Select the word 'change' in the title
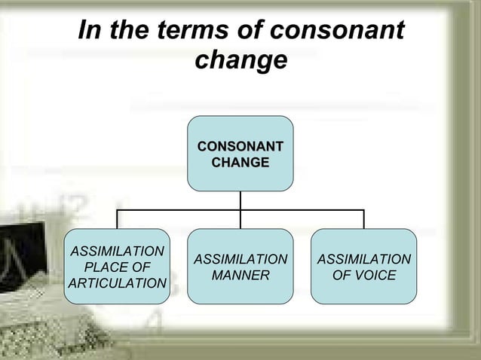pos(240,60)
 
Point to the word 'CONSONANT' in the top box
pos(240,146)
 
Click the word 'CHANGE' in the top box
pos(240,162)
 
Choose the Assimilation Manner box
pos(240,290)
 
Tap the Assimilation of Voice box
pos(364,290)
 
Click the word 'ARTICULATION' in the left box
pos(117,283)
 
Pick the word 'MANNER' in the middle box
pos(240,276)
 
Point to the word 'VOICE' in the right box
pos(375,276)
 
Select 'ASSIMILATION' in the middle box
pos(240,260)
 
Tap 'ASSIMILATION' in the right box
pos(364,260)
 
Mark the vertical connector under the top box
pos(240,200)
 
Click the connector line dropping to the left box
pos(117,219)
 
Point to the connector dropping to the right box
pos(364,219)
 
